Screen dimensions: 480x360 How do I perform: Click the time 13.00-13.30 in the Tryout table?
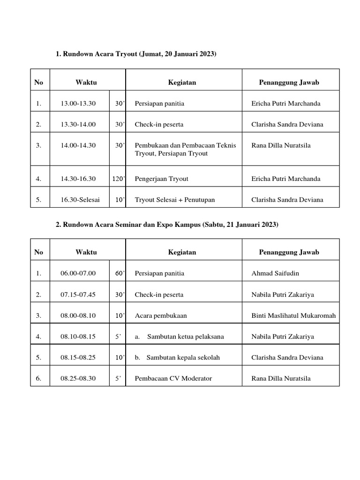pyautogui.click(x=78, y=104)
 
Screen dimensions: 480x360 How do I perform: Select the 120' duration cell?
pyautogui.click(x=117, y=179)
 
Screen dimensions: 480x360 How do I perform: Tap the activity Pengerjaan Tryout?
pyautogui.click(x=161, y=179)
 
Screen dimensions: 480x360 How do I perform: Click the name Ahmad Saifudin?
pyautogui.click(x=275, y=273)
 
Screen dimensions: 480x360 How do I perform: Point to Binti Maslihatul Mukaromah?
pyautogui.click(x=293, y=315)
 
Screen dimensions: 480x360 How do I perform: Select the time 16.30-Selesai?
pyautogui.click(x=80, y=200)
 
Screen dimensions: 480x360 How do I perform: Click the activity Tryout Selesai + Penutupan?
pyautogui.click(x=174, y=200)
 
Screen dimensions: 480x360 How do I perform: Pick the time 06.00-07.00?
pyautogui.click(x=78, y=273)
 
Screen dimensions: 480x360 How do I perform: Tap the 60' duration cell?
pyautogui.click(x=119, y=273)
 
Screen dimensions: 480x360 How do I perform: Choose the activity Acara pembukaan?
pyautogui.click(x=160, y=315)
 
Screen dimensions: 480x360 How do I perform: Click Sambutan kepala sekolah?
pyautogui.click(x=183, y=358)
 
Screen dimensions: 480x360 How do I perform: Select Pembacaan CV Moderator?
pyautogui.click(x=173, y=378)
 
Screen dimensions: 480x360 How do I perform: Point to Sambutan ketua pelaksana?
pyautogui.click(x=185, y=337)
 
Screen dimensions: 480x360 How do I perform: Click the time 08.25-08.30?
pyautogui.click(x=78, y=378)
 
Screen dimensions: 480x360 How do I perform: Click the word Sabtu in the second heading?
pyautogui.click(x=212, y=225)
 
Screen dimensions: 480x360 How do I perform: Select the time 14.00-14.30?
pyautogui.click(x=78, y=145)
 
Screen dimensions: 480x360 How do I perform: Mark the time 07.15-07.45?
pyautogui.click(x=78, y=295)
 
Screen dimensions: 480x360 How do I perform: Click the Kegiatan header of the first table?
pyautogui.click(x=182, y=82)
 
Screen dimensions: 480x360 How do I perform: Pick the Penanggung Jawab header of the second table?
pyautogui.click(x=289, y=252)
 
